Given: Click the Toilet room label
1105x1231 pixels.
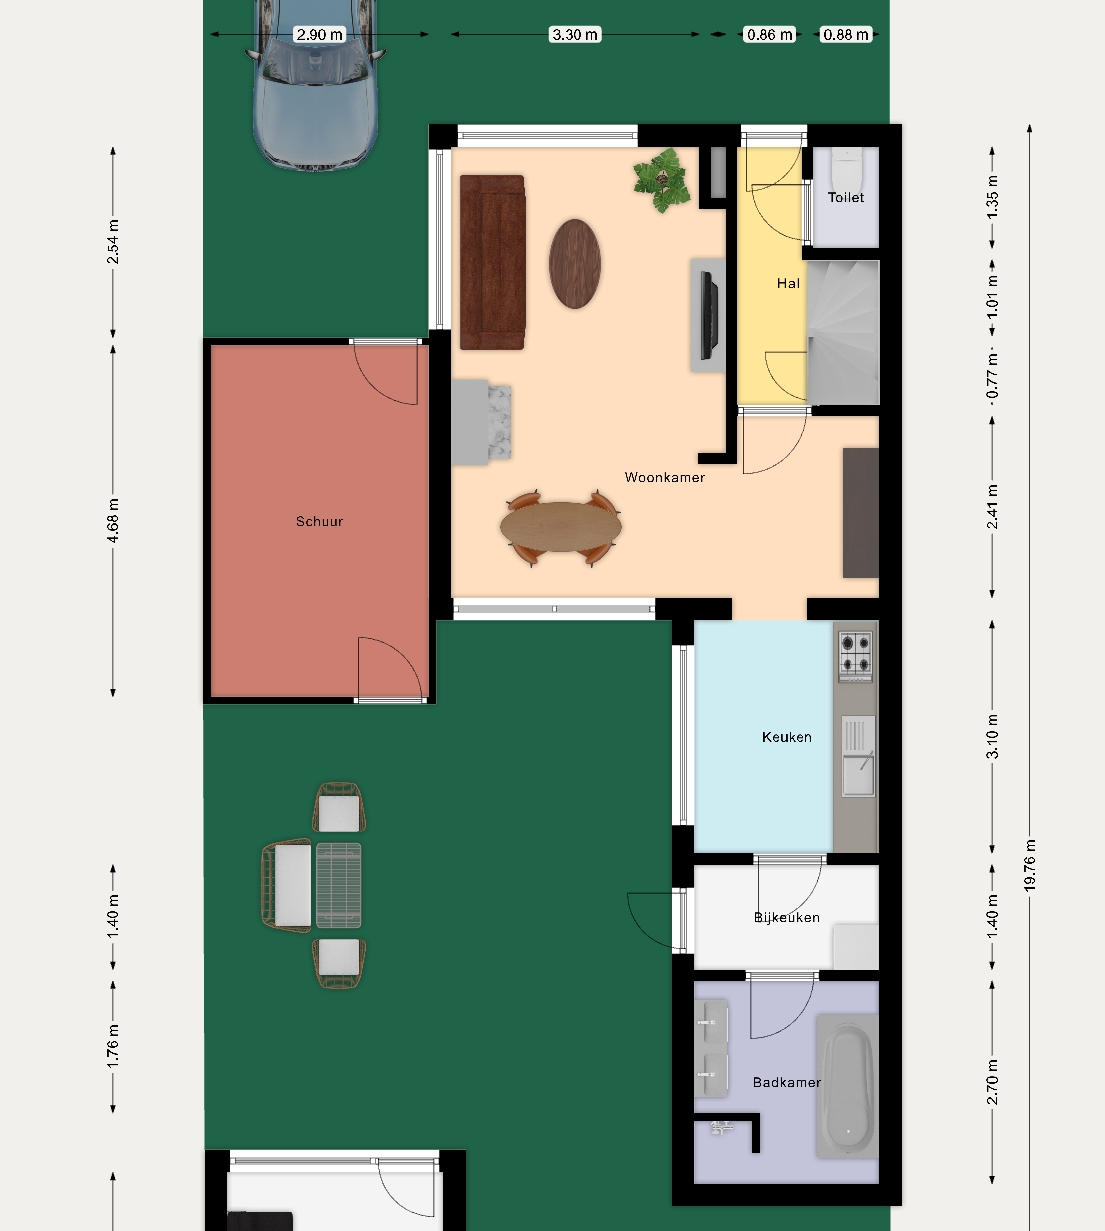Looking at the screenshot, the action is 845,197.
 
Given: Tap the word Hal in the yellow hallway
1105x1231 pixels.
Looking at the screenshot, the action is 788,283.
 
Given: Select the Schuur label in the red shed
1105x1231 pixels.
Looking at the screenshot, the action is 320,521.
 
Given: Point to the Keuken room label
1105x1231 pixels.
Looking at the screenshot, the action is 787,737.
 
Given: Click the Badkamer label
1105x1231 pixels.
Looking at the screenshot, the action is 787,1082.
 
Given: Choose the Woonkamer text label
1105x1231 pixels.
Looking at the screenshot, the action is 664,478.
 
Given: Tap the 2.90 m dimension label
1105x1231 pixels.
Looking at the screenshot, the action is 320,35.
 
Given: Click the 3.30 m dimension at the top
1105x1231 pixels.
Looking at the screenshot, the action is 575,35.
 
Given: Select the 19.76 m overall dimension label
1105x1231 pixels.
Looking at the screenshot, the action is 1030,866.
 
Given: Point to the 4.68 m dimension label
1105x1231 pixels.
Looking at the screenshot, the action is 113,521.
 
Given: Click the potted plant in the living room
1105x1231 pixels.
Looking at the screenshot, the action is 662,180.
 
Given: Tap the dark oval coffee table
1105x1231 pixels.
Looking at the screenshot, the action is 575,264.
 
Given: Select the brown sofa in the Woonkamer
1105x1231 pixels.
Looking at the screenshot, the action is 492,262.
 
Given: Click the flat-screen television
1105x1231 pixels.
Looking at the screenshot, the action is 709,316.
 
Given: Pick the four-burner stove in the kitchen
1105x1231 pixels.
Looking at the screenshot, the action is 856,655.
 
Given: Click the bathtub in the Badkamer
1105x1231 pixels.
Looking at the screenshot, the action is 847,1085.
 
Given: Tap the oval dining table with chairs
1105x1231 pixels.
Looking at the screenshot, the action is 561,527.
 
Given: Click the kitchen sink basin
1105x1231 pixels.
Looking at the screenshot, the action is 858,776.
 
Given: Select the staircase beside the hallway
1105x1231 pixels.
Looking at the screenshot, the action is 843,332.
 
